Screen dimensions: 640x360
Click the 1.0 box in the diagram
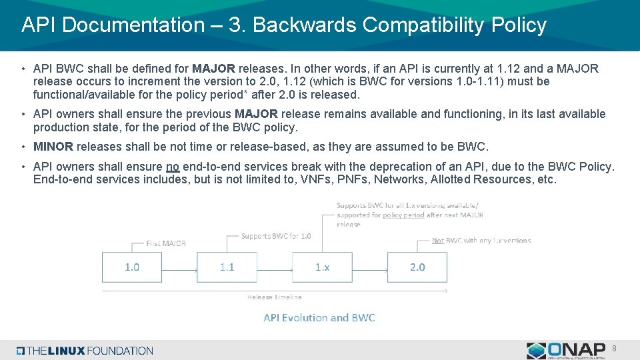coord(132,267)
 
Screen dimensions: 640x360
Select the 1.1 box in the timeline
coord(227,267)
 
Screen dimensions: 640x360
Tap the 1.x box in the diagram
coord(322,267)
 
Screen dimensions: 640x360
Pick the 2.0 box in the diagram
coord(417,267)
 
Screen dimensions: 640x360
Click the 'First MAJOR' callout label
coord(166,243)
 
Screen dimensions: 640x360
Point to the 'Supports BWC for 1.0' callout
coord(275,236)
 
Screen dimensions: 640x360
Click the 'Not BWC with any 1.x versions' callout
coord(481,241)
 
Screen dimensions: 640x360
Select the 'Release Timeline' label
coord(274,297)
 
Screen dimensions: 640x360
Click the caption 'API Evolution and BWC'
coord(319,317)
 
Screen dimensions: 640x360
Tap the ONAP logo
coord(567,351)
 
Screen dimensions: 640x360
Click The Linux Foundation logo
coord(85,351)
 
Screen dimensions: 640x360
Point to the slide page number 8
coord(614,348)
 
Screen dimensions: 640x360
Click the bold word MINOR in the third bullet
coord(53,147)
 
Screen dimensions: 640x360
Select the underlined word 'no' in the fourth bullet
coord(173,167)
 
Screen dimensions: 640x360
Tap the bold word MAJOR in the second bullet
coord(257,114)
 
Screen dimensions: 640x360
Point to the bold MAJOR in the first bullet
coord(213,69)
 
